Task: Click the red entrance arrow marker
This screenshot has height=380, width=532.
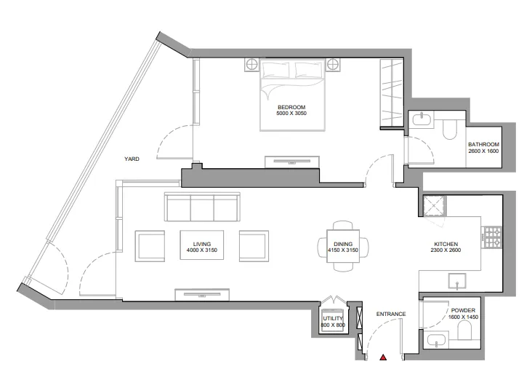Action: (383, 357)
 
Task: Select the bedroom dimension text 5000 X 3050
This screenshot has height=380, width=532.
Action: (292, 114)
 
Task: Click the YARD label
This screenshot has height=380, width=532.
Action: (132, 158)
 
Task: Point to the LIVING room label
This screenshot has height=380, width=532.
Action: (201, 244)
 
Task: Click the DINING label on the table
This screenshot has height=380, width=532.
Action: (343, 244)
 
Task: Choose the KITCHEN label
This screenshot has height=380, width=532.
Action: (446, 244)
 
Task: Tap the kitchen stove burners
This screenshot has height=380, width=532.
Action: (493, 236)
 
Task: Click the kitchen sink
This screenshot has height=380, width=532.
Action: (457, 280)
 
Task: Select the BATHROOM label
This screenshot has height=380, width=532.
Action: (483, 144)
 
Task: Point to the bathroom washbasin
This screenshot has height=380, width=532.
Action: (421, 119)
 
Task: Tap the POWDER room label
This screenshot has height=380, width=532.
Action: (462, 310)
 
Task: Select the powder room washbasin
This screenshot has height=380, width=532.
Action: (435, 339)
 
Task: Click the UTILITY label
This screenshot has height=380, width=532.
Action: (334, 319)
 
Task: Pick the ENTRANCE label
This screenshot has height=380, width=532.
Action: (390, 314)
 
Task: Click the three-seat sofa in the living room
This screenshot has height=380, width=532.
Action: (202, 208)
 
